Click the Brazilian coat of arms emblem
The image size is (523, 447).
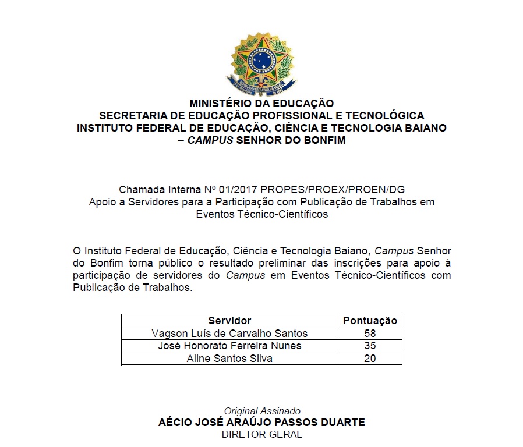click(261, 63)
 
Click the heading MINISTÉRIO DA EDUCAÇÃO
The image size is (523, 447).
click(261, 104)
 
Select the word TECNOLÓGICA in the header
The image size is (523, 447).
click(387, 116)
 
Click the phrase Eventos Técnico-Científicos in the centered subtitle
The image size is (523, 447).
click(261, 214)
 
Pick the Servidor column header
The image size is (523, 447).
click(229, 321)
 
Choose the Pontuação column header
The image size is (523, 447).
click(370, 321)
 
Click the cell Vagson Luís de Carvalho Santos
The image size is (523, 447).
click(229, 334)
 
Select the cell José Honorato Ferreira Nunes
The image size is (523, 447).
click(229, 346)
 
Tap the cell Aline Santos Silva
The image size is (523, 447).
click(229, 359)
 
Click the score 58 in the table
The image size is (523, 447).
click(370, 334)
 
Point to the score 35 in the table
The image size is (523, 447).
click(370, 346)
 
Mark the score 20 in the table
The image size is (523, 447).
click(370, 359)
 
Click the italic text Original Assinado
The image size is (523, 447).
click(262, 411)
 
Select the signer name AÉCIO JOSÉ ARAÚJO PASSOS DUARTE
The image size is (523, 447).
click(261, 423)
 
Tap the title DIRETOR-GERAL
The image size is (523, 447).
click(261, 434)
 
